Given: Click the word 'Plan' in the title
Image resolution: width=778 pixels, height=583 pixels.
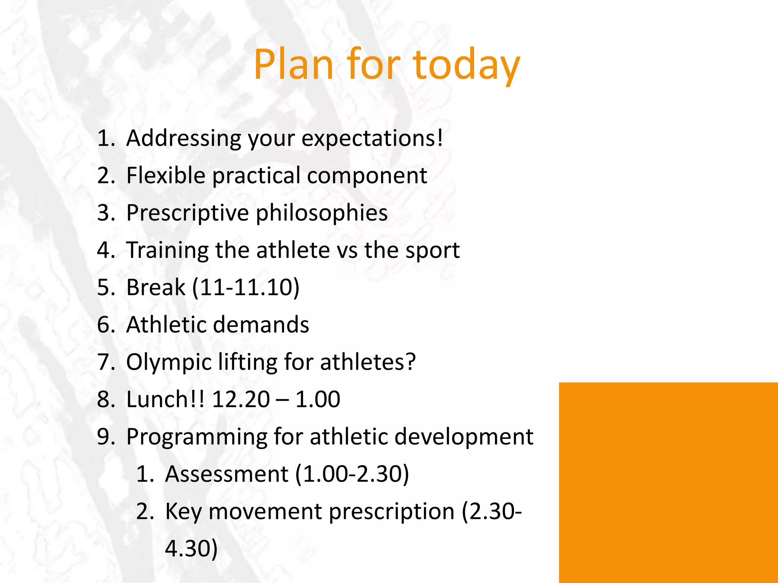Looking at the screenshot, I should point(293,65).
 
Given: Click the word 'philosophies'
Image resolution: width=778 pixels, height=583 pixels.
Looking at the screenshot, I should point(321,213).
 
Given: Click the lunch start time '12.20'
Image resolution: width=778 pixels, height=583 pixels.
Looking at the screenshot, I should point(241,399).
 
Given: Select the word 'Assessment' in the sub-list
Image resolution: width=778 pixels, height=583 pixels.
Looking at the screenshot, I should point(227,474).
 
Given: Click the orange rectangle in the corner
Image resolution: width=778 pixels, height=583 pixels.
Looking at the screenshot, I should point(668,482).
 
